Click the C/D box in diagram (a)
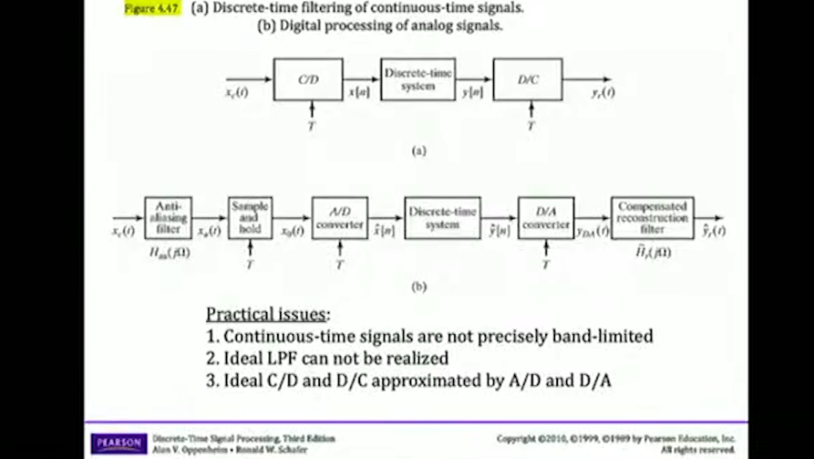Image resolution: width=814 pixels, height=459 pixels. pyautogui.click(x=308, y=79)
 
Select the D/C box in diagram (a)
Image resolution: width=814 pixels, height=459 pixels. pyautogui.click(x=528, y=79)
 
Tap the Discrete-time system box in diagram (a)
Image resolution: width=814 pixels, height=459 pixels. pyautogui.click(x=417, y=79)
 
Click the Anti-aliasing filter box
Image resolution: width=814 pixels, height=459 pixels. pyautogui.click(x=169, y=218)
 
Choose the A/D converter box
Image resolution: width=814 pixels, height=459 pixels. pyautogui.click(x=339, y=218)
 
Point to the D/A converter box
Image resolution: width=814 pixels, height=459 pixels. pyautogui.click(x=546, y=218)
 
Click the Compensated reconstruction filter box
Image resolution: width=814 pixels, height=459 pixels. pyautogui.click(x=652, y=218)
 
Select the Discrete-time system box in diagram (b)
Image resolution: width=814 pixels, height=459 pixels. pyautogui.click(x=442, y=218)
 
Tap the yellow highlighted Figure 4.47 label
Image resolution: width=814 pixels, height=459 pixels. pyautogui.click(x=152, y=7)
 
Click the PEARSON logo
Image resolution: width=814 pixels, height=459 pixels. pyautogui.click(x=118, y=443)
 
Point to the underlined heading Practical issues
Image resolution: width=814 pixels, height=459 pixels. pyautogui.click(x=266, y=314)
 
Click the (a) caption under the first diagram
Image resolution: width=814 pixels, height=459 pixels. pyautogui.click(x=418, y=151)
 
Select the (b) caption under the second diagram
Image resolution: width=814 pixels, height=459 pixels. pyautogui.click(x=418, y=287)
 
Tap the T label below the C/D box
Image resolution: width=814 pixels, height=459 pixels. pyautogui.click(x=310, y=126)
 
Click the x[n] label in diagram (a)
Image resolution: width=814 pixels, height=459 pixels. pyautogui.click(x=359, y=93)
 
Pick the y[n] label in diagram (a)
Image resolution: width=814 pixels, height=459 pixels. pyautogui.click(x=472, y=93)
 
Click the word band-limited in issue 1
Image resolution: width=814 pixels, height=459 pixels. pyautogui.click(x=607, y=337)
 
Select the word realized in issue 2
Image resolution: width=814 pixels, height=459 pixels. pyautogui.click(x=416, y=359)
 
